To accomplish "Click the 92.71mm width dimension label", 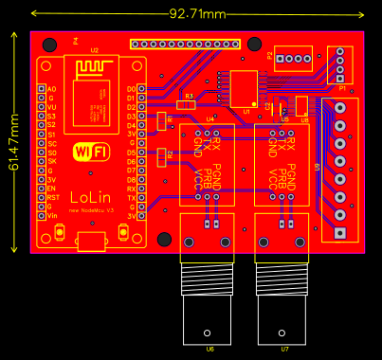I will point(197,13).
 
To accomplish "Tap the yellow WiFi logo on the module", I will point(91,152).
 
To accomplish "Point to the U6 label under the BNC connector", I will point(209,349).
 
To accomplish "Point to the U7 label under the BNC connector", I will point(284,349).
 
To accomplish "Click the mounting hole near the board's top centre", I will point(254,45).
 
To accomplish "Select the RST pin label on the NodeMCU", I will point(52,198).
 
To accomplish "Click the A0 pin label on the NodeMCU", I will point(51,89).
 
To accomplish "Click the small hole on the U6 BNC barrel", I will point(207,333).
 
